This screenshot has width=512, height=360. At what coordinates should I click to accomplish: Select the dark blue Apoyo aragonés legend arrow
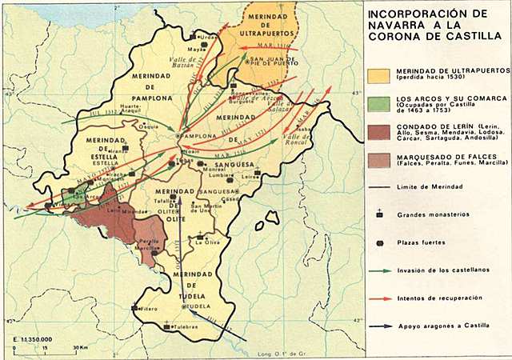click(379, 326)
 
